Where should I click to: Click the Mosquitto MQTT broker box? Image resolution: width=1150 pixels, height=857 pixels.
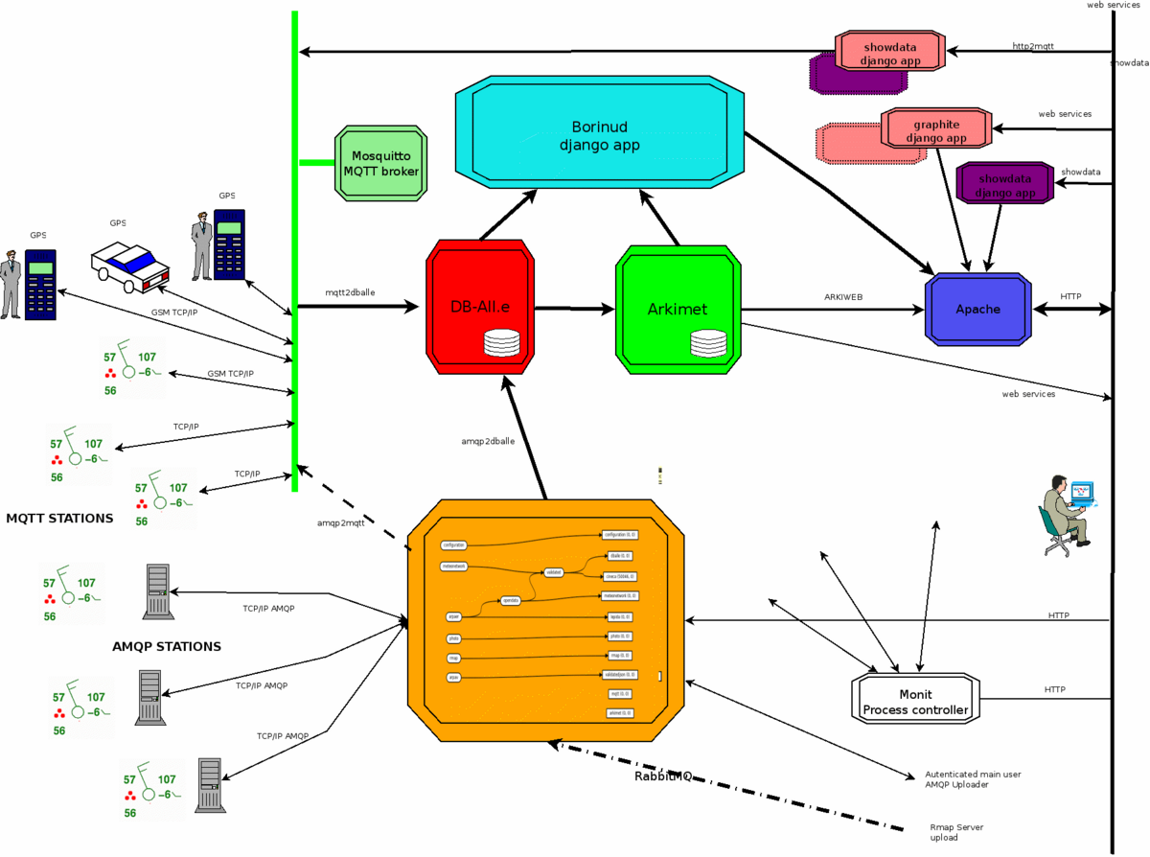pyautogui.click(x=379, y=163)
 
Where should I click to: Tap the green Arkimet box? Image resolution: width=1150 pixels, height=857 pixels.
pyautogui.click(x=678, y=309)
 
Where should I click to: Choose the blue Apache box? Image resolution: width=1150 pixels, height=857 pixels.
pyautogui.click(x=977, y=309)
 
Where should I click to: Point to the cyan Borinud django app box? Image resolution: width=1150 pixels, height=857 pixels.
pyautogui.click(x=600, y=133)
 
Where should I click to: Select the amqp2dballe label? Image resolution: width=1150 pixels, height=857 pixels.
pyautogui.click(x=487, y=441)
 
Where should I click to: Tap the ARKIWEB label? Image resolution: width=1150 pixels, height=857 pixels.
pyautogui.click(x=843, y=297)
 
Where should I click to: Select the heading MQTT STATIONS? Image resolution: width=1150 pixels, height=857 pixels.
pyautogui.click(x=59, y=519)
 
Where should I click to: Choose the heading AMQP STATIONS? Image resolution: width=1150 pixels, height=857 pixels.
pyautogui.click(x=167, y=646)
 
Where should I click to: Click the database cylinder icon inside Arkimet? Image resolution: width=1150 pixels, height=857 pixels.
pyautogui.click(x=708, y=342)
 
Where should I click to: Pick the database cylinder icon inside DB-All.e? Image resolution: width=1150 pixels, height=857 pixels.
pyautogui.click(x=501, y=342)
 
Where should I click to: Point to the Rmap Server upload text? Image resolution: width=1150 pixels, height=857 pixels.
pyautogui.click(x=956, y=832)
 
